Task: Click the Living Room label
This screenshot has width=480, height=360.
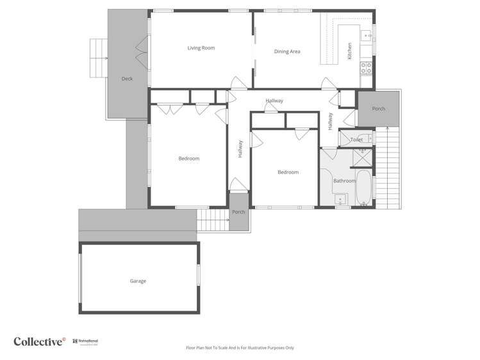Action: point(201,48)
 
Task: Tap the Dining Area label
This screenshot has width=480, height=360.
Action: point(287,52)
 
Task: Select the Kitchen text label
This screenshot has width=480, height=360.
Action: point(350,51)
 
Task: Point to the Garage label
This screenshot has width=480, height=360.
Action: point(138,281)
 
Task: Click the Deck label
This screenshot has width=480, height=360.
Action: point(127,79)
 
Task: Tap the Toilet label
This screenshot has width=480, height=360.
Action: point(356,140)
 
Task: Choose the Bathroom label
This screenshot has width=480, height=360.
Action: point(344,181)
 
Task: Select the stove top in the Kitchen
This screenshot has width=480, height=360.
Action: point(367,67)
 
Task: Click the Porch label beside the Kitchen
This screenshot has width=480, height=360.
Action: point(379,109)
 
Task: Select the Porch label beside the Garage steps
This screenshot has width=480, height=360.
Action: point(238,212)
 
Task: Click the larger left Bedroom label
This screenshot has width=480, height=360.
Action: point(188,159)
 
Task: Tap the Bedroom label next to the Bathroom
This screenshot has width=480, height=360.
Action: point(288,172)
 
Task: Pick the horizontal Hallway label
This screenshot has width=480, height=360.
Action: point(274,101)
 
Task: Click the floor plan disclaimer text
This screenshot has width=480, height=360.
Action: point(240,348)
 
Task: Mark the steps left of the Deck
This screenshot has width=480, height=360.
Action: point(98,58)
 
